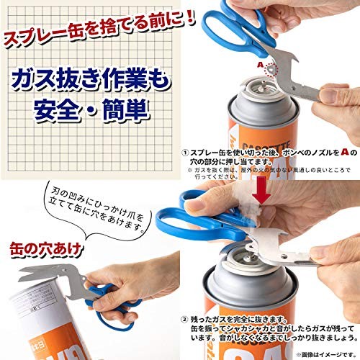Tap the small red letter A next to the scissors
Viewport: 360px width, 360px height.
tap(260, 63)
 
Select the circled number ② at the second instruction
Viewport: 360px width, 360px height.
tap(185, 317)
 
